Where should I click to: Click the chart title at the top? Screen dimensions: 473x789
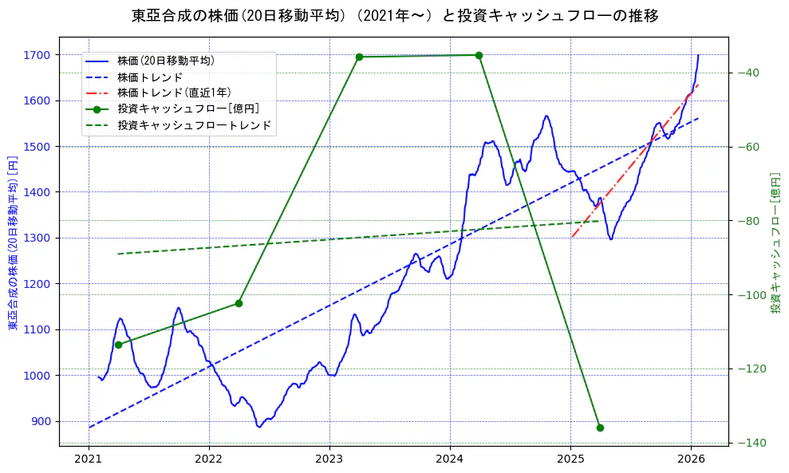click(395, 15)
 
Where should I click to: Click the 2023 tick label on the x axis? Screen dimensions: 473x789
click(329, 459)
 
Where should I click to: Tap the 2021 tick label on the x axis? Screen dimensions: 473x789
click(89, 459)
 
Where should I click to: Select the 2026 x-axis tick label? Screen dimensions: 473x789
click(691, 459)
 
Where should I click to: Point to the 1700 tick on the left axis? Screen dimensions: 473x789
click(37, 55)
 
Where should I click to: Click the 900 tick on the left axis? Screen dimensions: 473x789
click(40, 421)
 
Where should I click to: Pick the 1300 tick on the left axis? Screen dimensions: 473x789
click(37, 238)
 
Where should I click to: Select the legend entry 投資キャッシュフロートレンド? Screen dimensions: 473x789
click(194, 125)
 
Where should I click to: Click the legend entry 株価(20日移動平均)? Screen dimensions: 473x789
click(165, 61)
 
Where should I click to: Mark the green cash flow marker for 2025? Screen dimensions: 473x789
click(600, 428)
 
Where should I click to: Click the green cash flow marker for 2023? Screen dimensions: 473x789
click(359, 57)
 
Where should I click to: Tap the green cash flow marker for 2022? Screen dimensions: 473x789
click(239, 303)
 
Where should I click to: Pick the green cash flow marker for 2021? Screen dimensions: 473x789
click(118, 345)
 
